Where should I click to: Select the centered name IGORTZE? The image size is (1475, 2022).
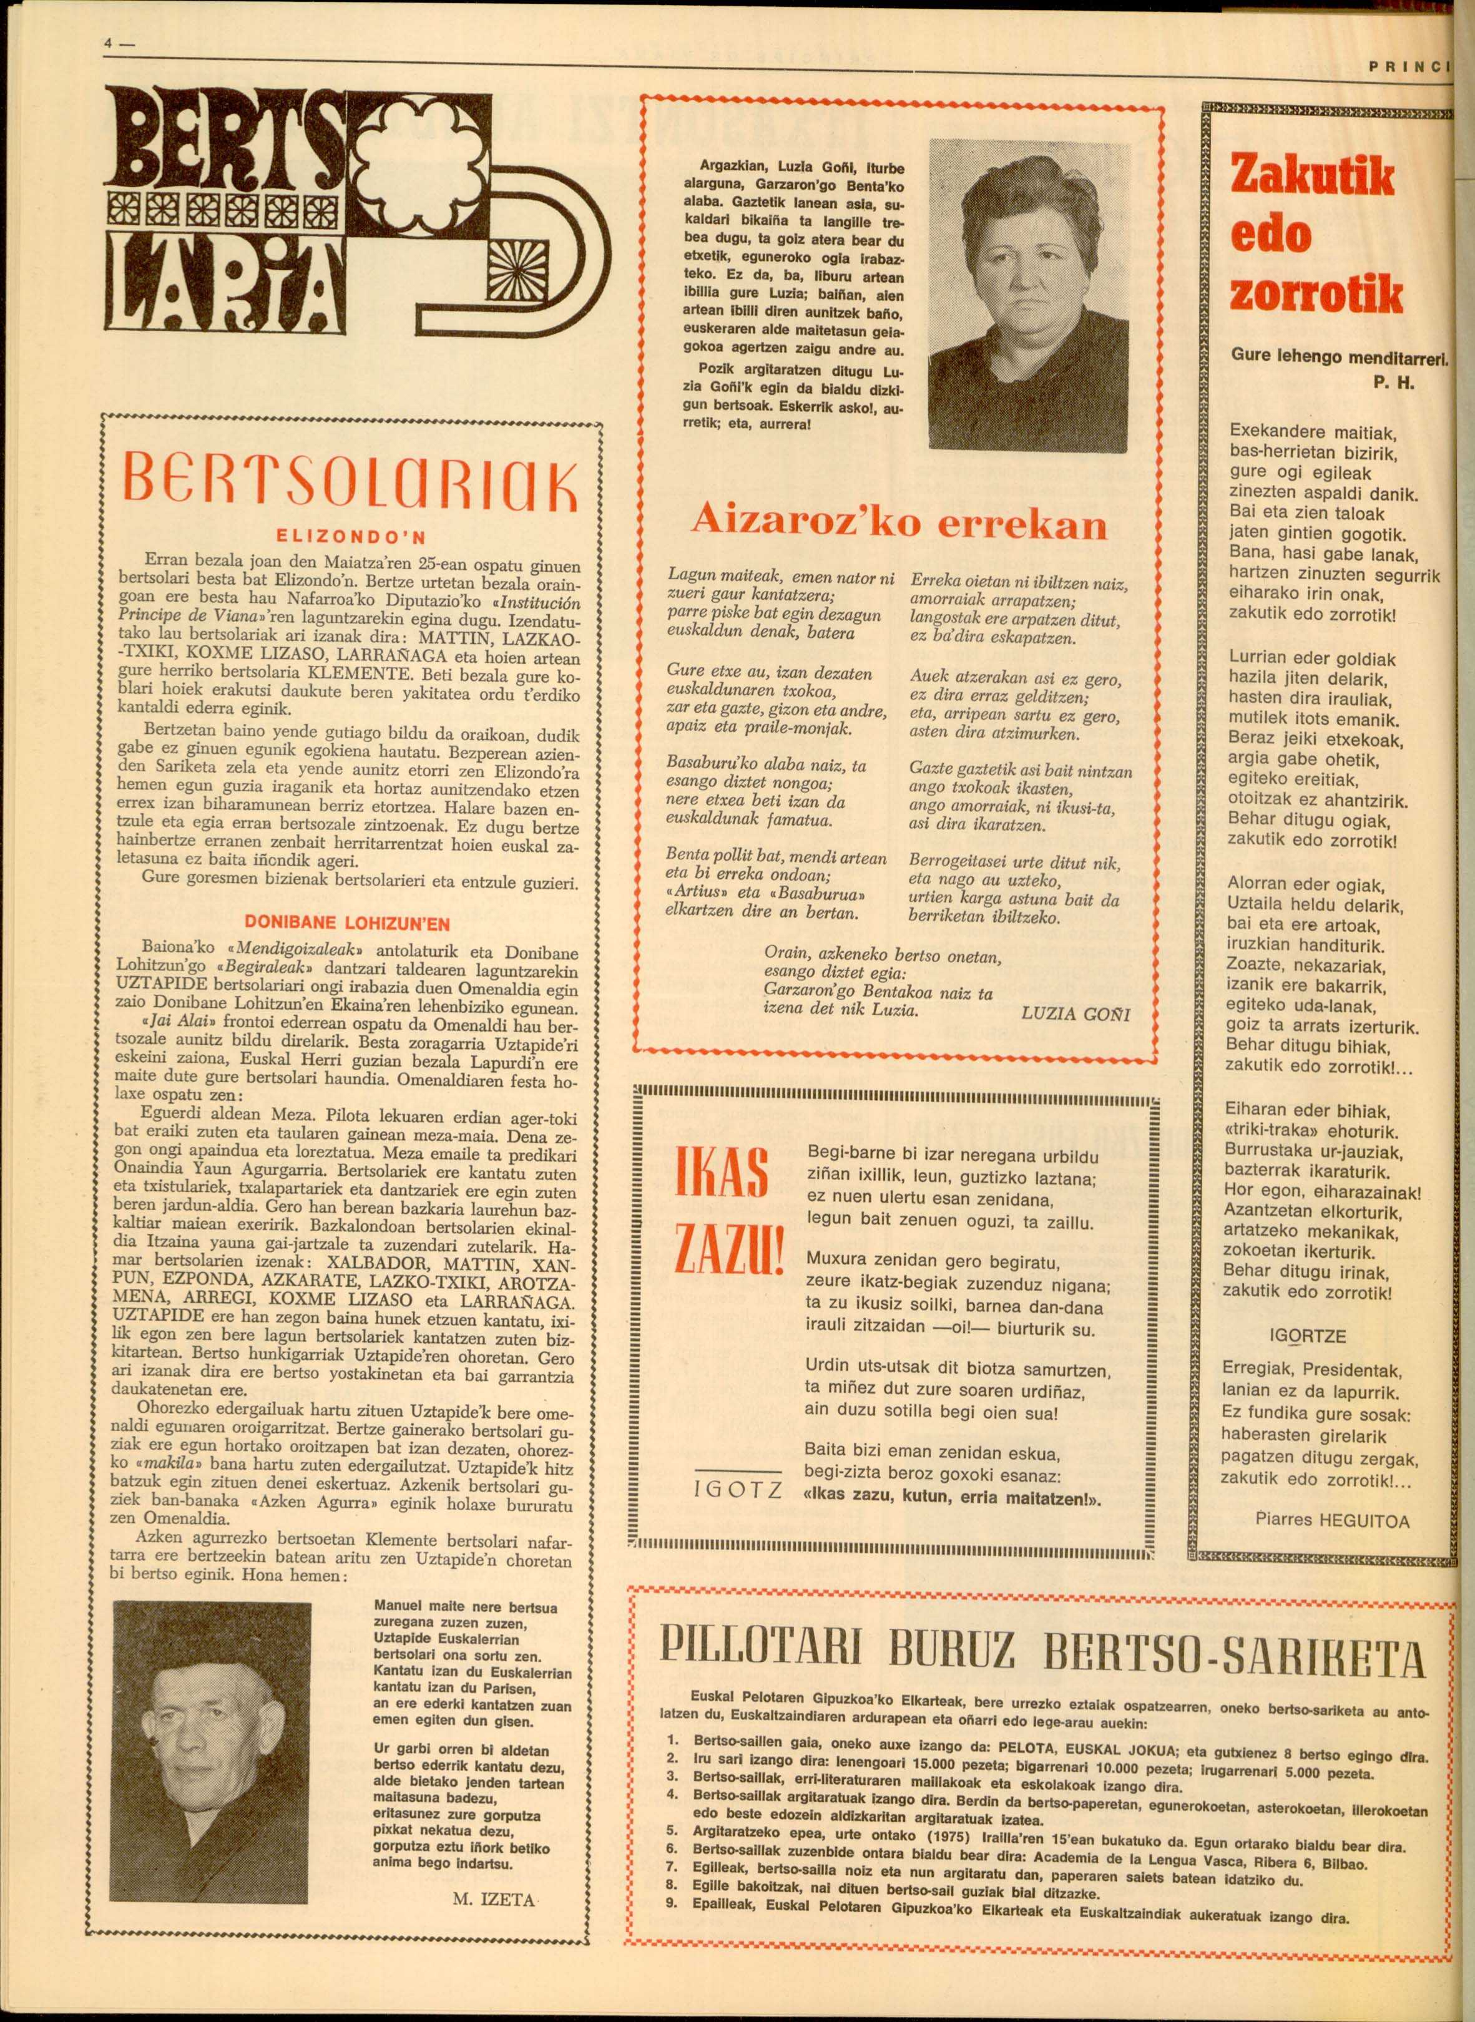(x=1306, y=1336)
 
